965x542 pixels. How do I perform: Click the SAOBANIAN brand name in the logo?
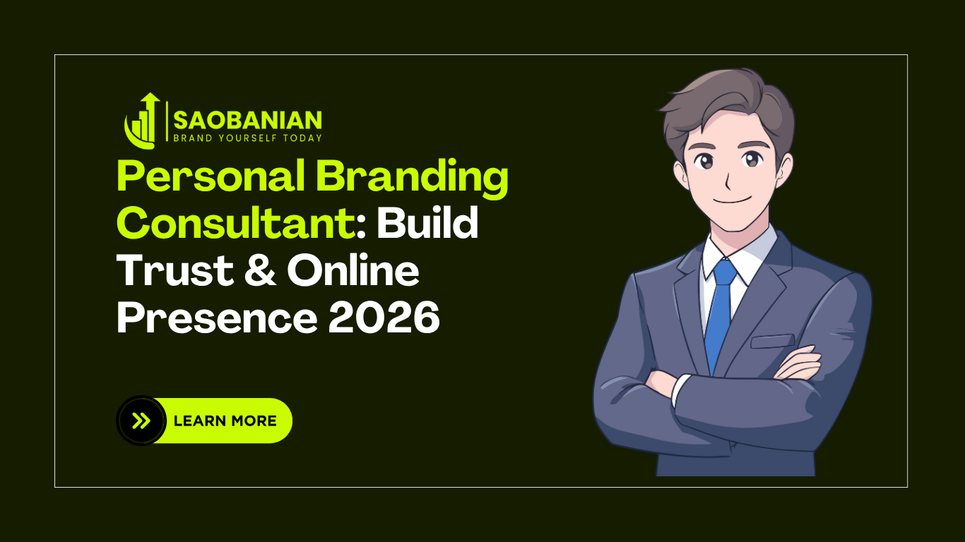coord(247,119)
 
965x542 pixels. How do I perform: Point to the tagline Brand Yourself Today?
coord(247,138)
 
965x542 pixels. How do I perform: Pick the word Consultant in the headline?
coord(235,224)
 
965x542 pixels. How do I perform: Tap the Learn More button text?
coord(225,421)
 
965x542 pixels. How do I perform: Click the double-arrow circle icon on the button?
coord(141,421)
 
